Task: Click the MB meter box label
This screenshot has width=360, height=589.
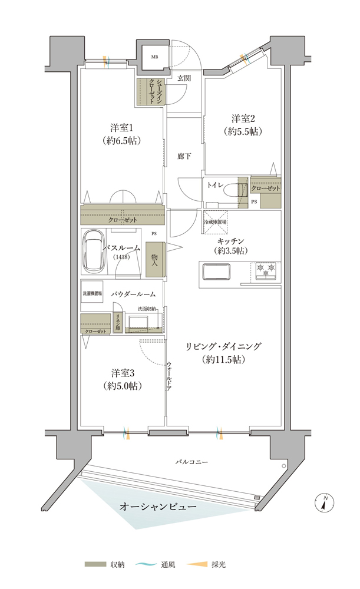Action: (x=154, y=57)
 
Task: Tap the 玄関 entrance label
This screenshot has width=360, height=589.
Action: (x=184, y=78)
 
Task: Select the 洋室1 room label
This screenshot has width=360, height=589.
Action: (x=121, y=128)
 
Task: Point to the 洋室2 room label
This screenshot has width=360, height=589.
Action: (x=243, y=118)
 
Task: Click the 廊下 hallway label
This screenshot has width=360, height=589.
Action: (x=184, y=156)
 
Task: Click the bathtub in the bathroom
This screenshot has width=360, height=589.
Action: (x=93, y=252)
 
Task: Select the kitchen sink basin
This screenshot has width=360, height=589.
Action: (x=216, y=272)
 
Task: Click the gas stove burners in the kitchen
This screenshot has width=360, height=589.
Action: (x=265, y=270)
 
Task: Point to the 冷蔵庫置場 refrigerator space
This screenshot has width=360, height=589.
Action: (x=215, y=223)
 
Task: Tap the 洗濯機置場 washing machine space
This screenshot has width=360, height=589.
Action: (x=92, y=293)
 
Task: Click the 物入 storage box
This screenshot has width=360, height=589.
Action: (x=154, y=260)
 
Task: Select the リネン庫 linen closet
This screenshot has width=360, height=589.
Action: (x=118, y=322)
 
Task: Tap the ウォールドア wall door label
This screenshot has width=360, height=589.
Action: (x=170, y=376)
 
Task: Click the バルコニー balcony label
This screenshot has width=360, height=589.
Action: (x=191, y=462)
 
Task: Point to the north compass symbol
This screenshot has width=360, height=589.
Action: (x=324, y=501)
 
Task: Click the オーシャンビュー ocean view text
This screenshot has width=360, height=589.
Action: (x=158, y=507)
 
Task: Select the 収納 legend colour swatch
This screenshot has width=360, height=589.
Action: (x=95, y=564)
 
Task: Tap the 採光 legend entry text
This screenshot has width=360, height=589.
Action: (x=219, y=564)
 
